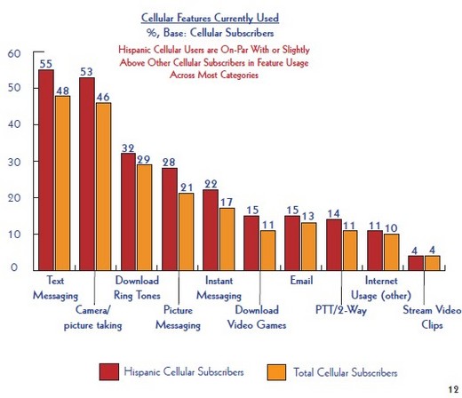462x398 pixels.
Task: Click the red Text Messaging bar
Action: click(x=46, y=170)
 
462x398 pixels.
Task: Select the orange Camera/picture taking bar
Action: click(x=103, y=187)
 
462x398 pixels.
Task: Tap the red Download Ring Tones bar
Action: click(x=128, y=211)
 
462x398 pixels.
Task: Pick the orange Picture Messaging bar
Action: click(x=186, y=232)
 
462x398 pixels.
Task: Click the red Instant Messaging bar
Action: click(x=211, y=230)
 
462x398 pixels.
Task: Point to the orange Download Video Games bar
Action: click(x=267, y=251)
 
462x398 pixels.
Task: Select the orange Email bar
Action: click(x=308, y=247)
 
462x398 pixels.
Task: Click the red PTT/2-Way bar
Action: click(x=334, y=245)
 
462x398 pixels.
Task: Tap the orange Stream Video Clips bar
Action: click(x=432, y=263)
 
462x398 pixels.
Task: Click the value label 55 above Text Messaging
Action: click(x=46, y=64)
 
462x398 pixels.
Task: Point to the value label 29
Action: click(x=144, y=159)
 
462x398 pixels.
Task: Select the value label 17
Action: click(x=227, y=203)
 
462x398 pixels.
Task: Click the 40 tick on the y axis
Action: click(x=14, y=124)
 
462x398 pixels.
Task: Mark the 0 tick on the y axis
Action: click(x=14, y=267)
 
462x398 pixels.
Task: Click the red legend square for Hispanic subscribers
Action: click(x=109, y=372)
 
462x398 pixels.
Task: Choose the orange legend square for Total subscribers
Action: click(x=276, y=372)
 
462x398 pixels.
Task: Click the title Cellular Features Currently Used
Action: click(x=210, y=18)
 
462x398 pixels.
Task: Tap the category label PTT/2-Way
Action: click(x=341, y=310)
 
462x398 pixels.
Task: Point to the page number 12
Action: click(x=453, y=389)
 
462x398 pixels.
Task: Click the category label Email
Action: click(x=301, y=280)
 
